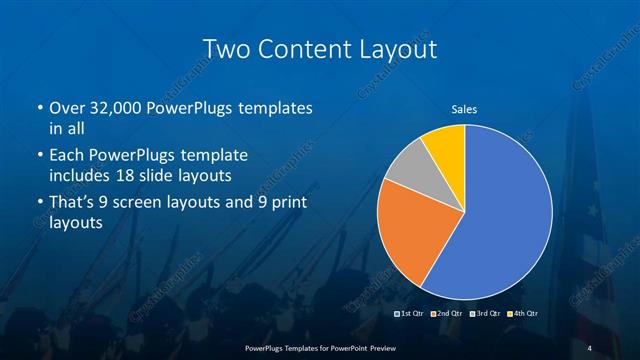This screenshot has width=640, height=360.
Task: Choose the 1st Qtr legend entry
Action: coord(411,314)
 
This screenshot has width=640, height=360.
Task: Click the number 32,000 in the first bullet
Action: coord(117,107)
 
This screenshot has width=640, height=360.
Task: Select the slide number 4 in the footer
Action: coord(589,347)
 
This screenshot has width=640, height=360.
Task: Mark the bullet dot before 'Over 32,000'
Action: coord(39,108)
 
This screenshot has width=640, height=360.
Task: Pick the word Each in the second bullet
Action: coord(65,155)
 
